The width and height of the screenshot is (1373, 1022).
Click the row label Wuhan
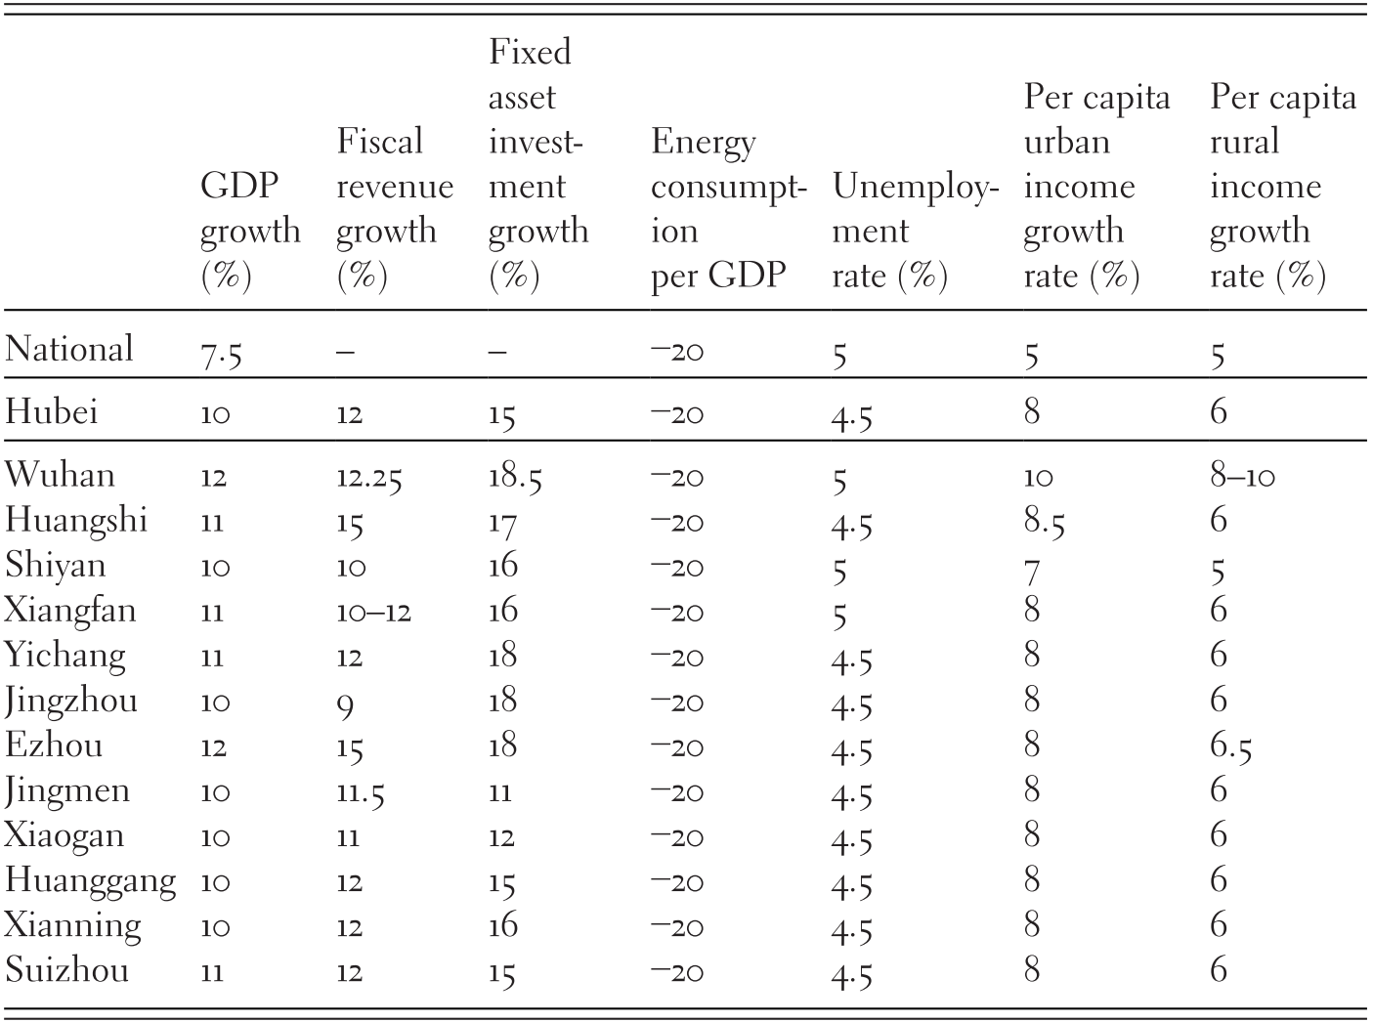click(x=60, y=475)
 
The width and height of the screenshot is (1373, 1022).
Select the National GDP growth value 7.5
click(x=220, y=353)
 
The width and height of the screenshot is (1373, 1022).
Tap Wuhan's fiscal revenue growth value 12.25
click(x=368, y=477)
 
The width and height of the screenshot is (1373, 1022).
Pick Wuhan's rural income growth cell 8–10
click(x=1242, y=477)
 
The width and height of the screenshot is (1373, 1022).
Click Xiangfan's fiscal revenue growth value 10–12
click(x=373, y=613)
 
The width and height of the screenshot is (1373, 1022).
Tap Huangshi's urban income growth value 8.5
click(x=1044, y=523)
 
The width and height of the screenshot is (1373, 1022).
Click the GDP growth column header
click(x=249, y=231)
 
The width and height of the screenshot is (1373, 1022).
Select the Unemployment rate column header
click(x=914, y=231)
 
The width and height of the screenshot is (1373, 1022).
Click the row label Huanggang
click(x=90, y=881)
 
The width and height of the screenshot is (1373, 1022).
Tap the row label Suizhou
click(x=66, y=971)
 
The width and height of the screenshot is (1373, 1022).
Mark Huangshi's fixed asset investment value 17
click(x=501, y=523)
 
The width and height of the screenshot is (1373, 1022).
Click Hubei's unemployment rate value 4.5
click(x=852, y=416)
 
